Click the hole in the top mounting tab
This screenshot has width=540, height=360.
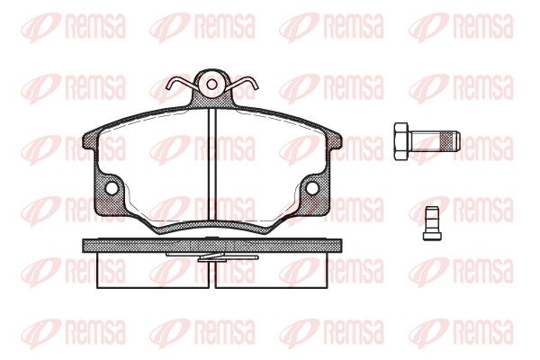point(212,85)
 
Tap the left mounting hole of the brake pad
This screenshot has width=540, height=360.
point(112,188)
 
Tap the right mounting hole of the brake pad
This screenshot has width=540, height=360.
point(312,188)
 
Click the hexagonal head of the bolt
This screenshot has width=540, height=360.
point(401,141)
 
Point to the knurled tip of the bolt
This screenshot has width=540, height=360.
point(452,141)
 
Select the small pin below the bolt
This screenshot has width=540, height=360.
point(432,223)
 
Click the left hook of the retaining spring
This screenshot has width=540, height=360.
point(180,84)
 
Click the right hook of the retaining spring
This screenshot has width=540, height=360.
point(244,84)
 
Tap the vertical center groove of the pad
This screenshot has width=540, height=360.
point(212,164)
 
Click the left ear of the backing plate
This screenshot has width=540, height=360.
point(90,141)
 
